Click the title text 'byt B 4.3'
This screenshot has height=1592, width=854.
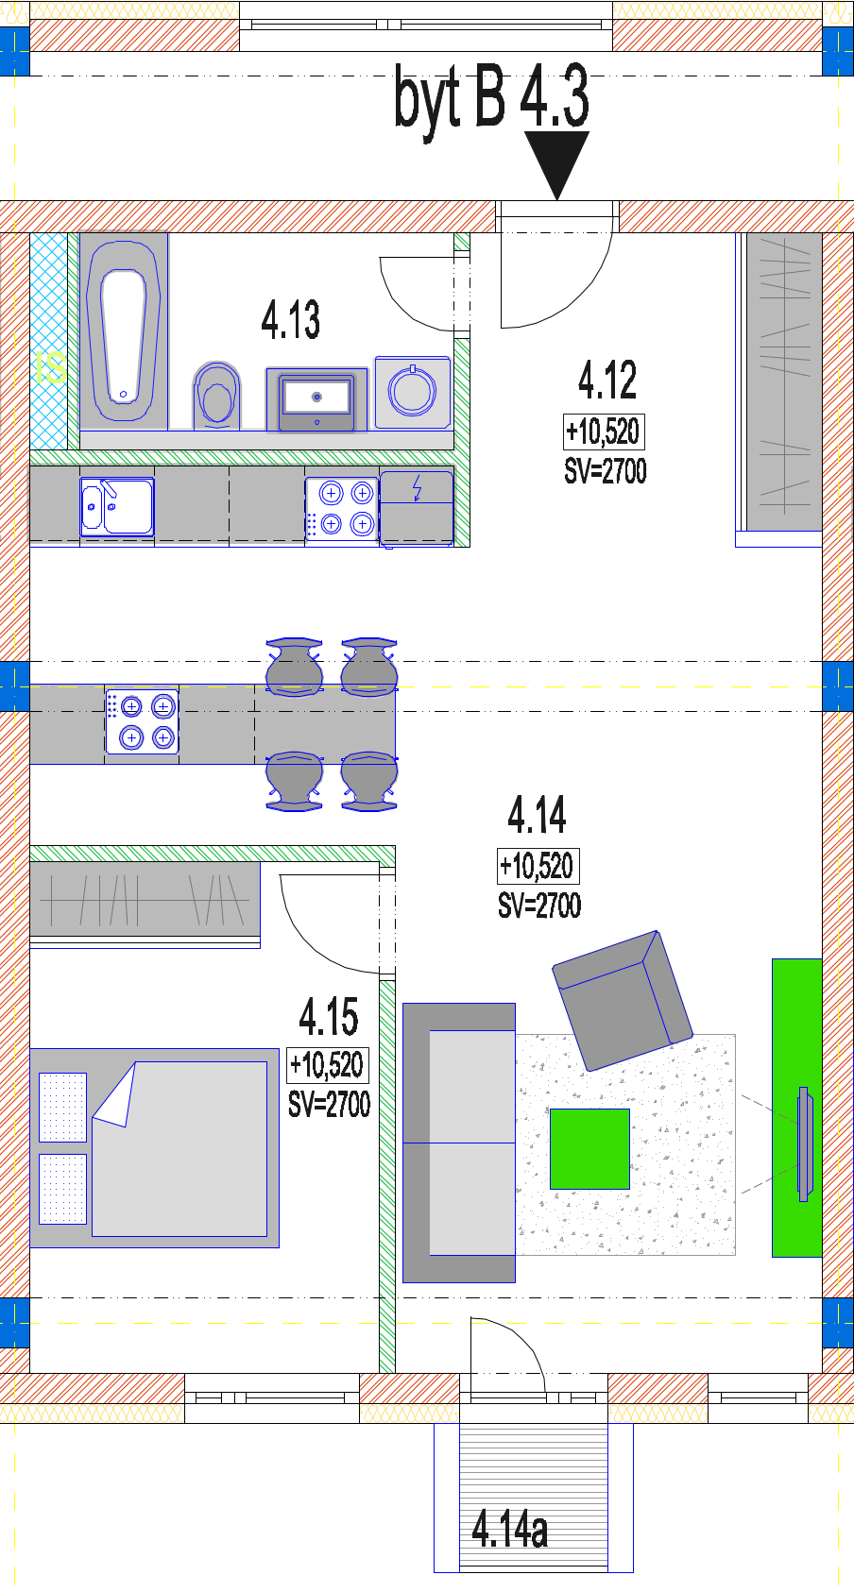(491, 98)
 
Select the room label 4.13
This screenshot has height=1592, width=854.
(290, 320)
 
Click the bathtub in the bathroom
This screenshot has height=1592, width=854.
(123, 331)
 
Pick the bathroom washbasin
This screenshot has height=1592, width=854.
(316, 400)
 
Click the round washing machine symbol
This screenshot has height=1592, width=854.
(413, 392)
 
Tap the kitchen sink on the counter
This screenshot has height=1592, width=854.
(116, 507)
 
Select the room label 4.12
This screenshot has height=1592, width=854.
(607, 381)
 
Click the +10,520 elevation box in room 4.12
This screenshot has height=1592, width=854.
(604, 432)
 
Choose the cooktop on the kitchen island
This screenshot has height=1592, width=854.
(143, 721)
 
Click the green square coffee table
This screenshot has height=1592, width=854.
(589, 1149)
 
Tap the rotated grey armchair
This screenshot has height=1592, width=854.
(623, 1001)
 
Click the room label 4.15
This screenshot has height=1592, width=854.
(329, 1017)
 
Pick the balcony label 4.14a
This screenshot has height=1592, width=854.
(510, 1530)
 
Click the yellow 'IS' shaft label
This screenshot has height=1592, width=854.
(50, 368)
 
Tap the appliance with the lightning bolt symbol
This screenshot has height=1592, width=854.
(417, 507)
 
